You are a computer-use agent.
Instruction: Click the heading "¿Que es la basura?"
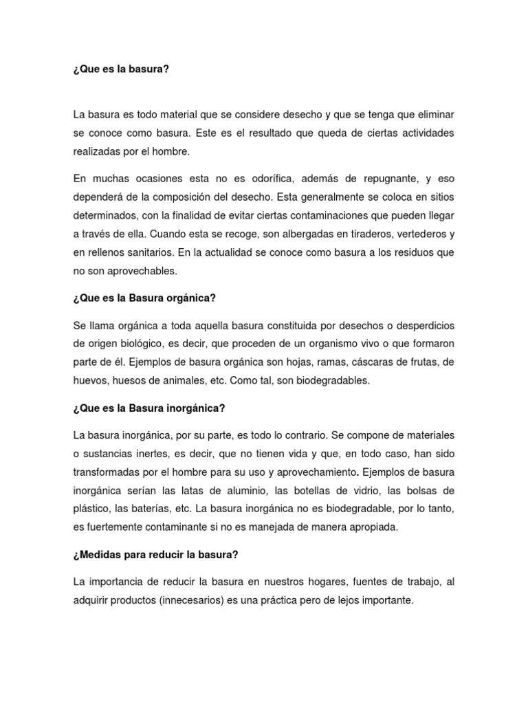click(x=120, y=69)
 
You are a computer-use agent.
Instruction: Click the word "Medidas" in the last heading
click(x=99, y=555)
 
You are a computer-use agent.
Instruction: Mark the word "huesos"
click(x=129, y=379)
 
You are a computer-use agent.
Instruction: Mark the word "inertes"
click(x=155, y=453)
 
